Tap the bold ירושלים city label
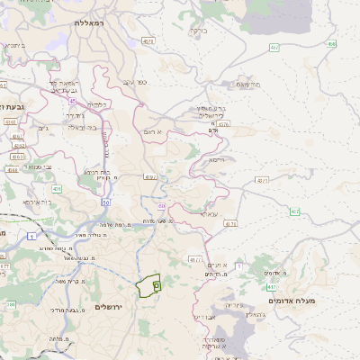[x=114, y=307]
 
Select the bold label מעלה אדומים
[x=292, y=300]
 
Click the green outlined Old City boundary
[x=147, y=285]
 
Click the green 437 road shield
[x=294, y=211]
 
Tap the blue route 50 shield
[x=105, y=203]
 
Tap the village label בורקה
[x=199, y=29]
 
